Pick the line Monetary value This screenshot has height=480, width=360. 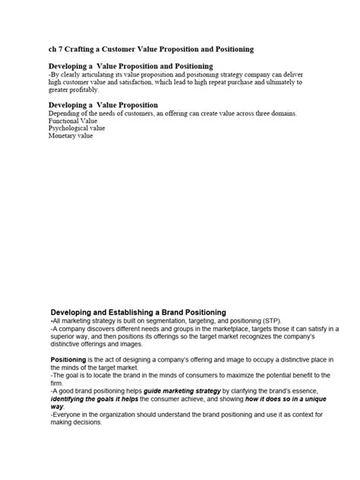click(x=71, y=136)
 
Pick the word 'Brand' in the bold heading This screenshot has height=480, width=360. click(x=191, y=312)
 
